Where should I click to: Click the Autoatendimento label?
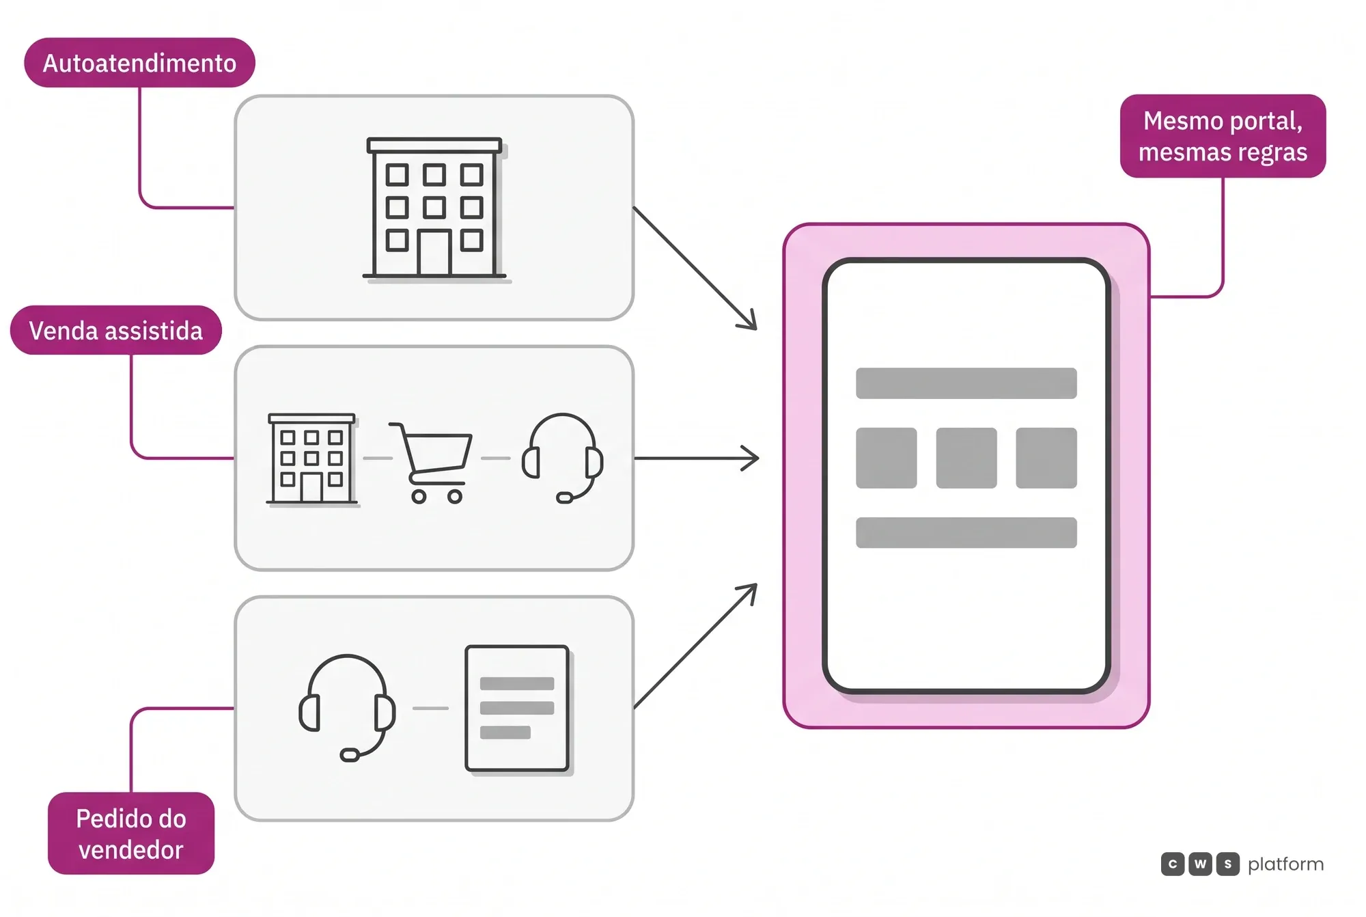[x=139, y=63]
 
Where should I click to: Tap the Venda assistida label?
[x=116, y=331]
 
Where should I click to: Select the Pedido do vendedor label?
[x=131, y=834]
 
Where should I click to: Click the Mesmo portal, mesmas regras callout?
[x=1223, y=136]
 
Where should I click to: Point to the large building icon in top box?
[x=435, y=209]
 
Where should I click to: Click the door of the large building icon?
[x=434, y=253]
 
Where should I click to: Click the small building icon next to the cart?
[x=312, y=459]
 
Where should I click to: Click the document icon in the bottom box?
[x=518, y=709]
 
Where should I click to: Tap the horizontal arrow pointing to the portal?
[x=697, y=458]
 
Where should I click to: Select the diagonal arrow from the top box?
[x=695, y=269]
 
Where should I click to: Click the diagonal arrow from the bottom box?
[x=695, y=646]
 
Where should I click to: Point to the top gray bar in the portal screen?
[x=966, y=383]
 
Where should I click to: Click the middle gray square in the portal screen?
[x=966, y=458]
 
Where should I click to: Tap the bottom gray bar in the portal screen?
[x=966, y=532]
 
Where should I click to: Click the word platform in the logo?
[x=1285, y=864]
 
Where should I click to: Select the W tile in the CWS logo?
[x=1200, y=864]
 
